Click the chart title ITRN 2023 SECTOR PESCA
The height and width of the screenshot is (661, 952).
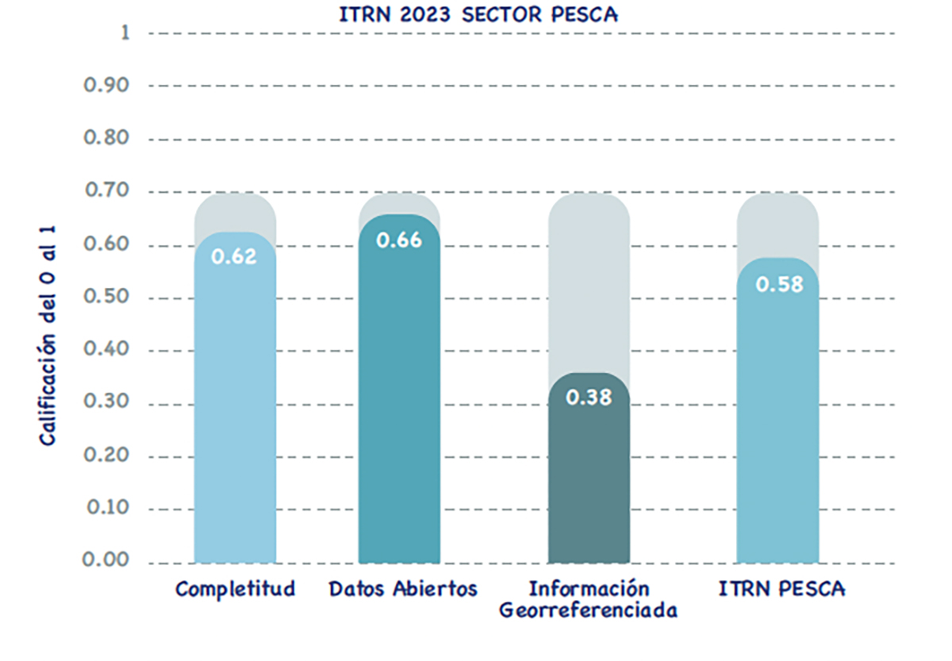click(478, 14)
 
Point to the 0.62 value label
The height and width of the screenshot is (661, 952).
click(235, 257)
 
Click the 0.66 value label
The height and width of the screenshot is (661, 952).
click(399, 240)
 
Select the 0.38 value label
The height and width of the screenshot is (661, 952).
click(589, 398)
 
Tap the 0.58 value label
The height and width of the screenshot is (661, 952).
click(778, 284)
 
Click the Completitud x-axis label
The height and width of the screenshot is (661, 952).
click(235, 590)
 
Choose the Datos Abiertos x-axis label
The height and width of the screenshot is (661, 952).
click(403, 590)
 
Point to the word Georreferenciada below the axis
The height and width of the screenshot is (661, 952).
click(588, 612)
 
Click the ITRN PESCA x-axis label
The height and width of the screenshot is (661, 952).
click(782, 590)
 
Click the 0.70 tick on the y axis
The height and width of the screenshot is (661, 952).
click(107, 191)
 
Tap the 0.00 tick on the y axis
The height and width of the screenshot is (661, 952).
click(107, 561)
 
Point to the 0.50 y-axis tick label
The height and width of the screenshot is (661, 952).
click(107, 298)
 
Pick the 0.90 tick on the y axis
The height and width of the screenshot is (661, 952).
click(107, 85)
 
